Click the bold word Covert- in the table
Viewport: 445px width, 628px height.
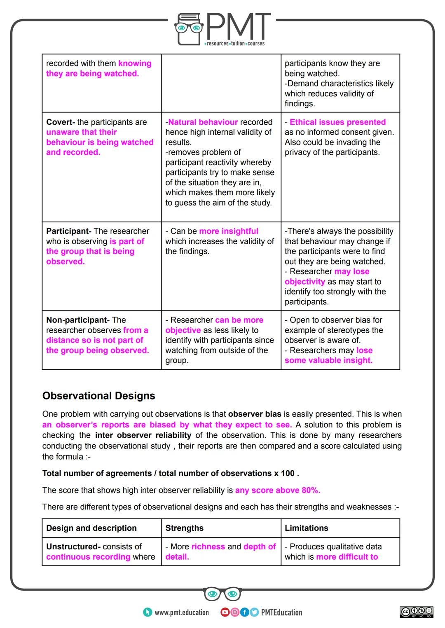pos(61,122)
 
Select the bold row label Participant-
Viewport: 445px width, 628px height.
pos(69,231)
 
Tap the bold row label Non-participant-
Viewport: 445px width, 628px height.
pos(78,320)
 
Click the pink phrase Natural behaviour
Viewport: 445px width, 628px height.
pos(203,122)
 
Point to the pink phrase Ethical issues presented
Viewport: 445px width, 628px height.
pos(337,122)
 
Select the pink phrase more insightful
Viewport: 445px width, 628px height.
pos(229,231)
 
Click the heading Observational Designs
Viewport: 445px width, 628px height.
pos(99,396)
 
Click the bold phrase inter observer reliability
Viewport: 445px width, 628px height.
pos(143,435)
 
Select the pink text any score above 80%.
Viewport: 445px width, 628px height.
pos(277,490)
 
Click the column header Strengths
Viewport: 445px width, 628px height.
pos(184,528)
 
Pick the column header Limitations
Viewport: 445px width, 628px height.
pos(306,528)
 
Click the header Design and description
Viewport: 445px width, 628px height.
pos(91,528)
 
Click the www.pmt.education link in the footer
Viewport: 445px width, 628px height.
pos(181,612)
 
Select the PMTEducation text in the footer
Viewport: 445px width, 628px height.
pos(281,612)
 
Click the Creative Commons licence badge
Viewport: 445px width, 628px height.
pos(417,612)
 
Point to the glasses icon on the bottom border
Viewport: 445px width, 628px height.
pos(222,594)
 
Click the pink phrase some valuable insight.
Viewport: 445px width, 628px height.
pos(328,361)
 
